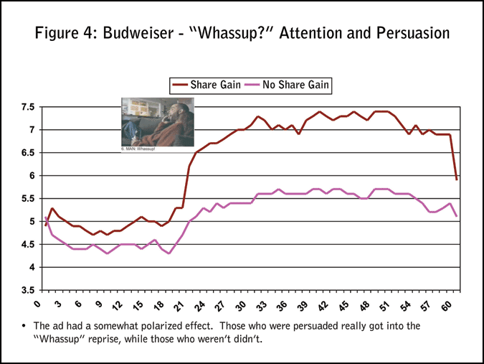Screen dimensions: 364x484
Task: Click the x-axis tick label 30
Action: coord(241,304)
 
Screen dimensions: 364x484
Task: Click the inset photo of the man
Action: coord(156,121)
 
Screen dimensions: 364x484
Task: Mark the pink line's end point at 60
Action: coord(457,216)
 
